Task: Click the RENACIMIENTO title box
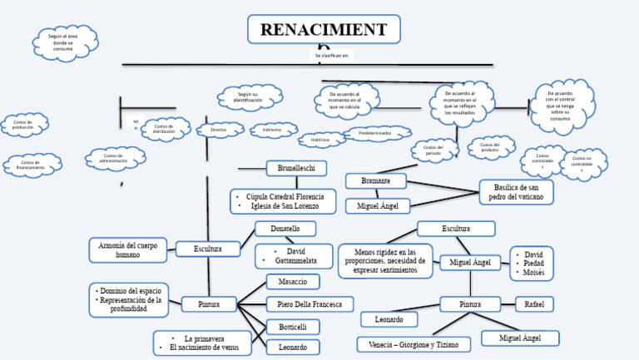324,30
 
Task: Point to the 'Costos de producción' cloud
23,125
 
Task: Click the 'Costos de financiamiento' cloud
31,165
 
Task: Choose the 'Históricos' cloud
320,141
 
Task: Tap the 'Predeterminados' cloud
377,133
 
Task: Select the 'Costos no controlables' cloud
582,162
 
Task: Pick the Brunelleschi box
302,169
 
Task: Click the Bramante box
376,180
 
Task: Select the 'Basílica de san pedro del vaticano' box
516,192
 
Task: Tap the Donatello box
285,229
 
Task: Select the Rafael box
534,304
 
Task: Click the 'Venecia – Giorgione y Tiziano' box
414,343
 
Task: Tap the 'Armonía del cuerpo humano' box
127,249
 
